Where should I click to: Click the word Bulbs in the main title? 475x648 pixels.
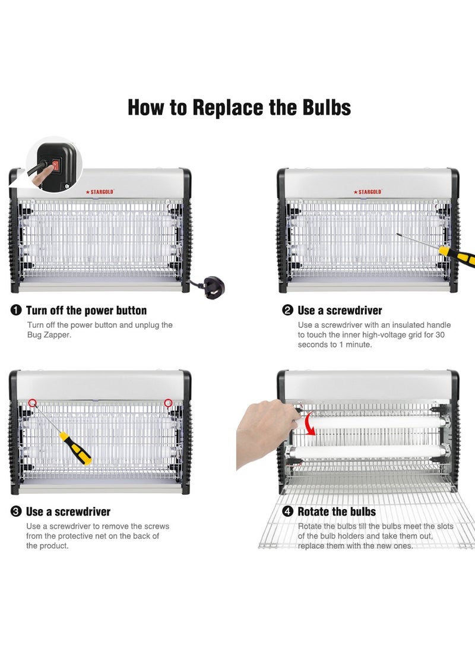(x=327, y=108)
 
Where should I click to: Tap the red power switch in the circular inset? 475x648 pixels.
(x=55, y=166)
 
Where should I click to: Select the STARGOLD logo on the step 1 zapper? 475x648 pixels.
(x=100, y=192)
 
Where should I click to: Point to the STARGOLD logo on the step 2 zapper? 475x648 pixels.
(x=368, y=192)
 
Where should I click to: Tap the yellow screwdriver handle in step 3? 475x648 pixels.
(x=75, y=448)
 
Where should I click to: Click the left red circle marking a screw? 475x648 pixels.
(x=33, y=403)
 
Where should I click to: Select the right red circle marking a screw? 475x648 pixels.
(x=168, y=403)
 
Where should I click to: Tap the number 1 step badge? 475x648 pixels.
(x=15, y=311)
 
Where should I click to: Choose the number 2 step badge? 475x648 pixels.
(x=287, y=311)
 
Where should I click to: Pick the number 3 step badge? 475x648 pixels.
(x=15, y=511)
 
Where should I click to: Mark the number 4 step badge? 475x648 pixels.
(x=287, y=511)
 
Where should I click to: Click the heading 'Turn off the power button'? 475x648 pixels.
(x=86, y=311)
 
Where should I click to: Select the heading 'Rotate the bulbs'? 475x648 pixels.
(x=337, y=511)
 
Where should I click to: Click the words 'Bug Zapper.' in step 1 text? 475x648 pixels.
(x=49, y=335)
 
